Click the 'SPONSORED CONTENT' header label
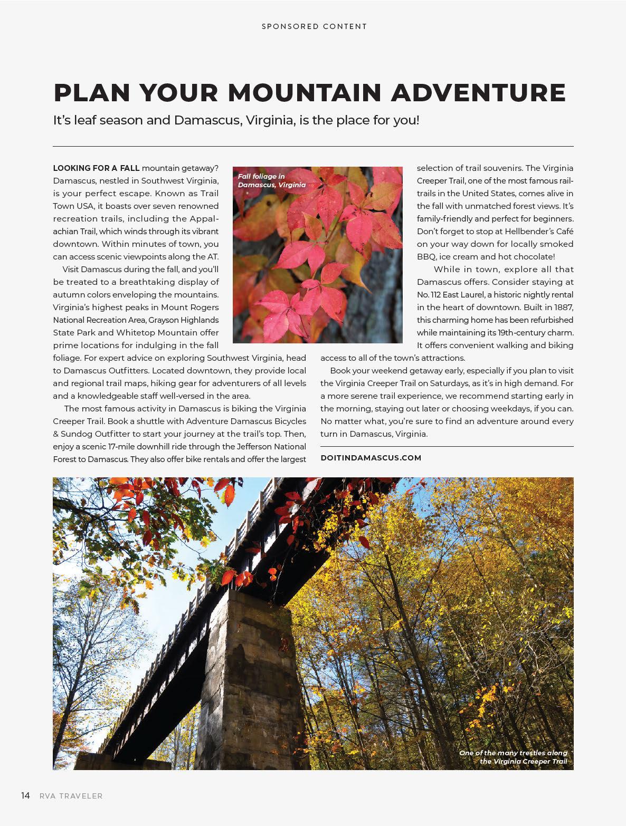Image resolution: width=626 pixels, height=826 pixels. [x=314, y=26]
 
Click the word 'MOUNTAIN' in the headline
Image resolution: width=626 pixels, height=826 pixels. [x=304, y=92]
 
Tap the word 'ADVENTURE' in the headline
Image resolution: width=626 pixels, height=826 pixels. [x=478, y=92]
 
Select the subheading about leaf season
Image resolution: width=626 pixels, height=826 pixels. [x=236, y=120]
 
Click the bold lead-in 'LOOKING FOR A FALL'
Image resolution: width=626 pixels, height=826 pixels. [x=96, y=168]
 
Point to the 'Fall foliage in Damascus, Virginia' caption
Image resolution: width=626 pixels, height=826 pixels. [x=271, y=180]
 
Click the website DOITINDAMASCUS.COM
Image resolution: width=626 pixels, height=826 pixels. [x=371, y=458]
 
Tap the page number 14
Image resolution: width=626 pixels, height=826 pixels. [x=25, y=796]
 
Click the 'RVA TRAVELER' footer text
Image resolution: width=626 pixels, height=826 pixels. [x=71, y=796]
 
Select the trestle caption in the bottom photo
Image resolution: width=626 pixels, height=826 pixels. [x=513, y=757]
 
